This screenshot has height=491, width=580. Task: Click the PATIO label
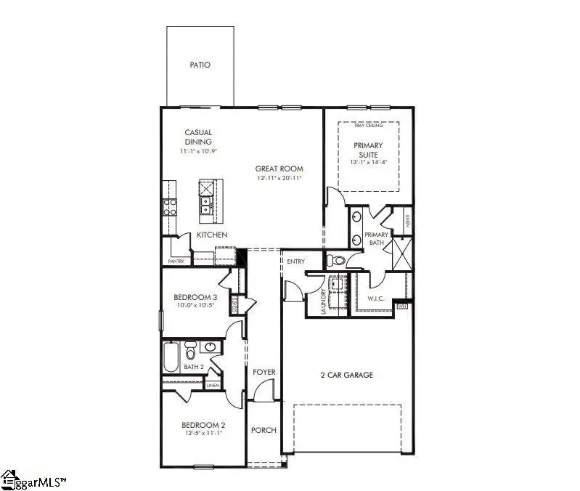[x=200, y=65]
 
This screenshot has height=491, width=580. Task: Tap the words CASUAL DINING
[x=197, y=137]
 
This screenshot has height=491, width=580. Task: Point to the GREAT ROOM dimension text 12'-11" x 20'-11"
[x=279, y=178]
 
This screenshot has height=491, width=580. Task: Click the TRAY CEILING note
[x=368, y=126]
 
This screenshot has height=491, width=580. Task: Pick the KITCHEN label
[x=212, y=235]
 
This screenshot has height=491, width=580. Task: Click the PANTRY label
[x=176, y=261]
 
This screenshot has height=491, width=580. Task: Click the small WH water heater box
[x=403, y=307]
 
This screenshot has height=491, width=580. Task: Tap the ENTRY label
[x=295, y=261]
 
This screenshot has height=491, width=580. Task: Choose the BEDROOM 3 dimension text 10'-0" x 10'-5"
[x=195, y=306]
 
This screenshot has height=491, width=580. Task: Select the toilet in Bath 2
[x=191, y=351]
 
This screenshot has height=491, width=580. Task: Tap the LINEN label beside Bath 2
[x=213, y=386]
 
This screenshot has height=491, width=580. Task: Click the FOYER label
[x=264, y=373]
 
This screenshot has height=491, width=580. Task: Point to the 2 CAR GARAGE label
[x=347, y=375]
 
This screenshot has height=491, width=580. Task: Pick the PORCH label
[x=264, y=430]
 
